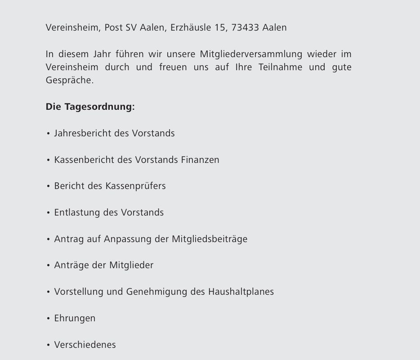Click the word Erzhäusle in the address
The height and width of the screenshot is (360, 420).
(191, 28)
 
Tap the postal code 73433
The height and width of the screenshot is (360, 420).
(245, 28)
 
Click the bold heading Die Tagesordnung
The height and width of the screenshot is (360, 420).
(90, 107)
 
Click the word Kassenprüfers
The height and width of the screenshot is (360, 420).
(135, 186)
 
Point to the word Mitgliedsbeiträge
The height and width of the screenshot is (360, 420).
(210, 239)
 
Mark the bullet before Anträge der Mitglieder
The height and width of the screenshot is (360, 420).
(48, 265)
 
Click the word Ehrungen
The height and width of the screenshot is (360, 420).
(75, 319)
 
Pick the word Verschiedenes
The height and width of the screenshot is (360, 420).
(85, 345)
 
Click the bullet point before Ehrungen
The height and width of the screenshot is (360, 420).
(48, 319)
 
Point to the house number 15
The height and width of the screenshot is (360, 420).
(220, 28)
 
